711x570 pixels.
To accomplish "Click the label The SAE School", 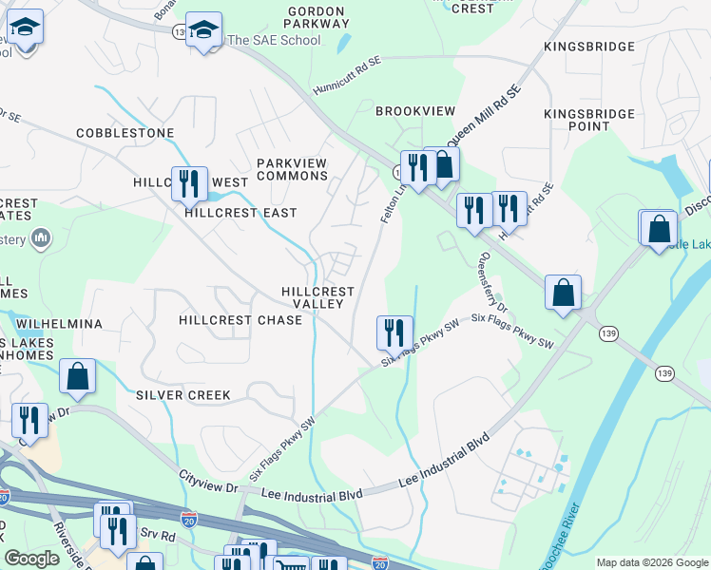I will [274, 41].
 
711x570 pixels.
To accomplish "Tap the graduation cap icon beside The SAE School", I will [203, 30].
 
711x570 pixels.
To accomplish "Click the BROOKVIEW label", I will [415, 111].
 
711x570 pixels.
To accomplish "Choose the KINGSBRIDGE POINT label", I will [589, 120].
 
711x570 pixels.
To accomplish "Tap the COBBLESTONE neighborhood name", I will [125, 133].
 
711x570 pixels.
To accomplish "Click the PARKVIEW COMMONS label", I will [292, 169].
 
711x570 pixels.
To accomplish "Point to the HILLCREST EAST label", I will [241, 213].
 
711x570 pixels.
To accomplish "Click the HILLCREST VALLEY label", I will [317, 297].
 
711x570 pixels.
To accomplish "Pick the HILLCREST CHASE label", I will [240, 320].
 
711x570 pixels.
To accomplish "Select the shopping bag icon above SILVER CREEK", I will [77, 376].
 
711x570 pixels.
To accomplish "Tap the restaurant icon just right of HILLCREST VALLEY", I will [394, 332].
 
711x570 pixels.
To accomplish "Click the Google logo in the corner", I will [31, 559].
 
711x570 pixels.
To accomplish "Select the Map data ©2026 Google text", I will [651, 562].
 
